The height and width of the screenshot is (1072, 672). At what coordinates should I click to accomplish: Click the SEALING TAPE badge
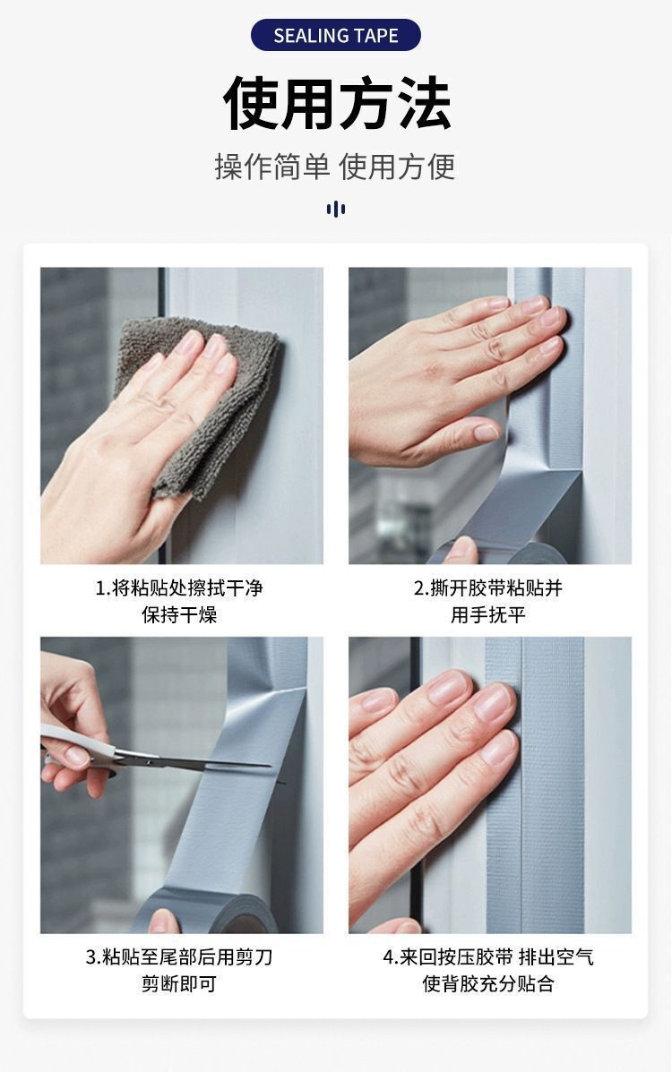pos(335,35)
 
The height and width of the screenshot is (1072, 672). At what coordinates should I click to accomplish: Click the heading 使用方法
pos(337,103)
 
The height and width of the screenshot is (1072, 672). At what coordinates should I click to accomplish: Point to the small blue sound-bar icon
pos(335,209)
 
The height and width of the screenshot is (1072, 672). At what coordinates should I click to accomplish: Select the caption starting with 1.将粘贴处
pos(179,601)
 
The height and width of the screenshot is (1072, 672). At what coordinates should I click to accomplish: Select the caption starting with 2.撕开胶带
pos(488,601)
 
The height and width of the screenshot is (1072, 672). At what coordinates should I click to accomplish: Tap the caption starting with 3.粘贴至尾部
pos(179,970)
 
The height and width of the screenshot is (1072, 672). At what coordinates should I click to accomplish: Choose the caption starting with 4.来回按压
pos(488,970)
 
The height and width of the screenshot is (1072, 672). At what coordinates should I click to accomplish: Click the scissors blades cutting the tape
pos(205,760)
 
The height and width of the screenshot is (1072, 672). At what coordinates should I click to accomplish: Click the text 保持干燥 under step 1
pos(179,614)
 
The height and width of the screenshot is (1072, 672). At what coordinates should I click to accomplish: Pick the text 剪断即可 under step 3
pos(179,984)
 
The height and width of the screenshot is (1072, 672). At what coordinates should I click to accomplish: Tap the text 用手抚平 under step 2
pos(488,614)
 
